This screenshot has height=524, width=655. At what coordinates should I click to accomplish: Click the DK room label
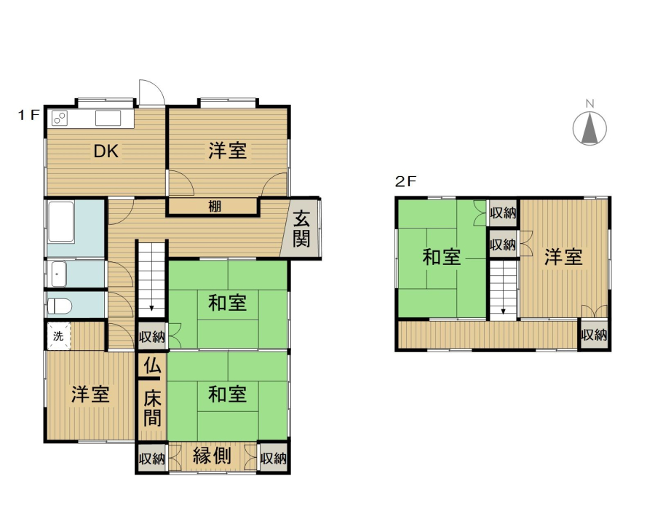[x=106, y=151]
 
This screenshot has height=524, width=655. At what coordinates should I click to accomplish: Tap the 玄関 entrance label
[x=301, y=229]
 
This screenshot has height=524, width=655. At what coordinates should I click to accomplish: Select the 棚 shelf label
[x=214, y=206]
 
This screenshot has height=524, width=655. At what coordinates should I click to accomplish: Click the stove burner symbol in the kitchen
[x=60, y=118]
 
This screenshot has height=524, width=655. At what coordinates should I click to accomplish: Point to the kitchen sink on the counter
[x=108, y=118]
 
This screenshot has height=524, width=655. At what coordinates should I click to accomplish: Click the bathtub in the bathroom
[x=61, y=222]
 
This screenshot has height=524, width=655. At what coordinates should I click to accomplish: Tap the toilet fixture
[x=59, y=306]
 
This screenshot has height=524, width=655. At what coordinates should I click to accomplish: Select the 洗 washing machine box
[x=58, y=336]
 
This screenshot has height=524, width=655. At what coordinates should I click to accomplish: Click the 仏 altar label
[x=152, y=366]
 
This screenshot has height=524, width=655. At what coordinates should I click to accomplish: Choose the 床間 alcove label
[x=152, y=408]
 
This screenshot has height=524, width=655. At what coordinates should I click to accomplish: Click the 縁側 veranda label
[x=212, y=456]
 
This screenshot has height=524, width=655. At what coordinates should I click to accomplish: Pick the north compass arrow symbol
[x=589, y=128]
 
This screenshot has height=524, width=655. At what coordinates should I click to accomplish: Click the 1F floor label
[x=28, y=114]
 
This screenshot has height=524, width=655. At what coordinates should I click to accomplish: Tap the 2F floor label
[x=406, y=181]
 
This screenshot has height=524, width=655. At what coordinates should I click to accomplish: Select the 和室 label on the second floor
[x=442, y=257]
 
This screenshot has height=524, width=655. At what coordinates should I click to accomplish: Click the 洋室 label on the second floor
[x=563, y=257]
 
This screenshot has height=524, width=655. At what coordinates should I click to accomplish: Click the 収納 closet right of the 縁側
[x=273, y=458]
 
